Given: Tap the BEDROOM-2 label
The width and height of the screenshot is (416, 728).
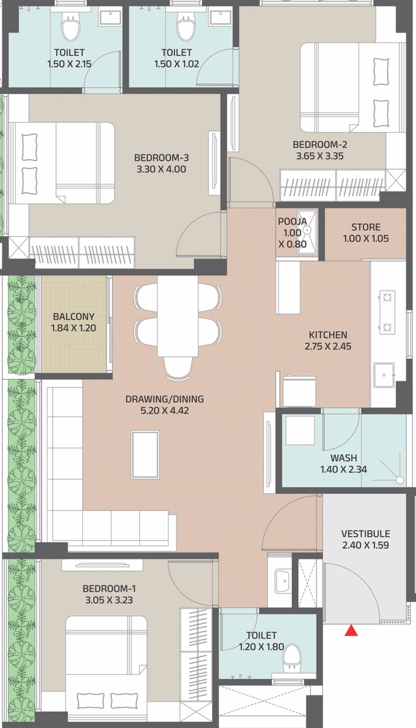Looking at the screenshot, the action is [320, 144].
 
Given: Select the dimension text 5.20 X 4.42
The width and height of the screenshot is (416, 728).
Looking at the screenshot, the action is [165, 410].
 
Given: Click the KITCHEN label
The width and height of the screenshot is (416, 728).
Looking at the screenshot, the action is [328, 335].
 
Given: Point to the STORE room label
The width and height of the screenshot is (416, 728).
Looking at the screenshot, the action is [366, 227].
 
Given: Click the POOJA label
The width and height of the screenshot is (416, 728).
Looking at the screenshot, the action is [292, 221].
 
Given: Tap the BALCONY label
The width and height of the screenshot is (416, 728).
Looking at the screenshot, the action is [74, 316].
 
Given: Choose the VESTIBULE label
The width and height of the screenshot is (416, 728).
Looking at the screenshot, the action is [366, 534].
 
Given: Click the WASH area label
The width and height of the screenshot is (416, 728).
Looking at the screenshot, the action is [344, 458].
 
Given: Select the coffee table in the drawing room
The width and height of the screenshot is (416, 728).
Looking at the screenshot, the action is [145, 455].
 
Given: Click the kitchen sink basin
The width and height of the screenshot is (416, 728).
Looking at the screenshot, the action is [384, 375].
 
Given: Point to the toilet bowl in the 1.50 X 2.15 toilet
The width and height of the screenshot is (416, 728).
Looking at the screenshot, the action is [71, 28].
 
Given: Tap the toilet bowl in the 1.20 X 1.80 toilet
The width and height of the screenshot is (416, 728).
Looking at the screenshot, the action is [292, 657].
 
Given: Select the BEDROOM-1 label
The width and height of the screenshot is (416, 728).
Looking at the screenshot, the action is [109, 589].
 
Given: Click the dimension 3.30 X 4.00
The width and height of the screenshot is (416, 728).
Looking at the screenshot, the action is [161, 169].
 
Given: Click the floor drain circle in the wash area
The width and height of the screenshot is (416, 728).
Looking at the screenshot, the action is [400, 480].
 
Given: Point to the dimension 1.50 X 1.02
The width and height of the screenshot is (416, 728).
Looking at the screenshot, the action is [177, 64].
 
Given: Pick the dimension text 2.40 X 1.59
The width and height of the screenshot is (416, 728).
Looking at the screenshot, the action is [366, 545].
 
